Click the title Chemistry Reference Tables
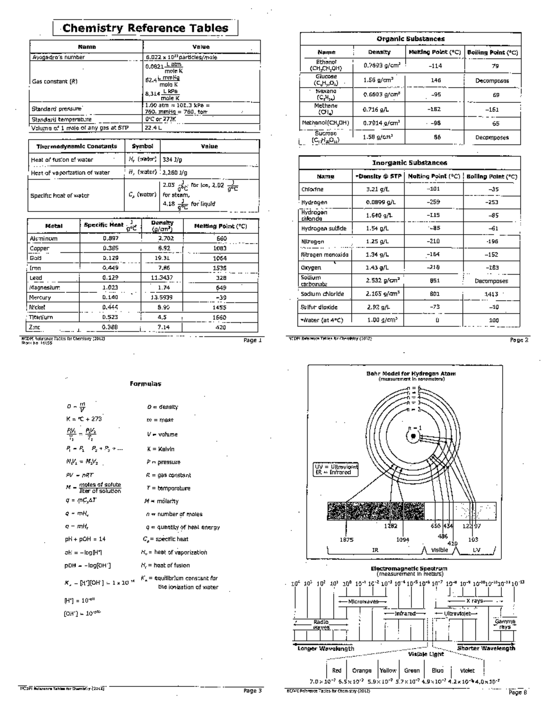click(x=145, y=28)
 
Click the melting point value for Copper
click(x=219, y=249)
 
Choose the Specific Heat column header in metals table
click(x=103, y=225)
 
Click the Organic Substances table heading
click(x=410, y=39)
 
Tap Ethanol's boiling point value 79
click(x=495, y=66)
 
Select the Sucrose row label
click(x=326, y=137)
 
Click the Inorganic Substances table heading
click(x=409, y=163)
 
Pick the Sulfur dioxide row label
click(x=319, y=307)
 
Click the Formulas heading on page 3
click(x=145, y=384)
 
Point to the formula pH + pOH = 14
click(x=85, y=539)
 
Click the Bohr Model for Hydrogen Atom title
click(x=411, y=374)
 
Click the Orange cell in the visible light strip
click(x=362, y=671)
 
